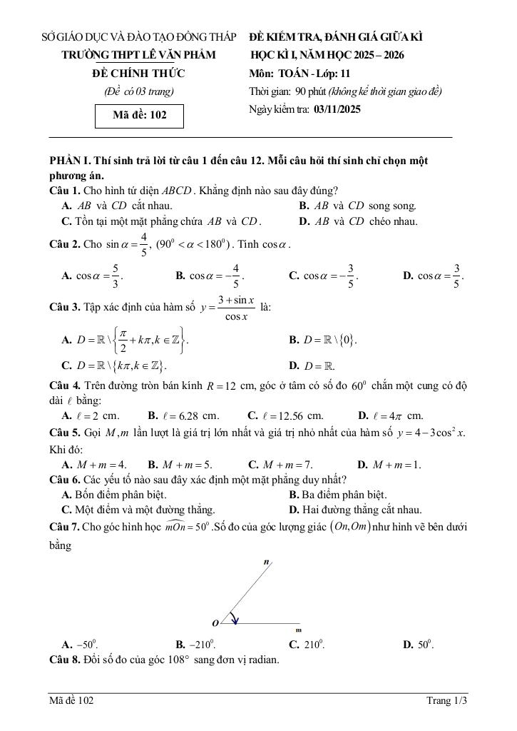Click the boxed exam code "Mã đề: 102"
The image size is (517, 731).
(140, 115)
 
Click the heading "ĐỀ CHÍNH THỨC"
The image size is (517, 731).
(138, 74)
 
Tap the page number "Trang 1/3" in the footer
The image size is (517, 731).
(446, 700)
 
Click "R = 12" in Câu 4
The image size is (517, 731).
(220, 386)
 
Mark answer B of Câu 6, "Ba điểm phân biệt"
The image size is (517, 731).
(338, 494)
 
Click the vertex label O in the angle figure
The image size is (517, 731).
(215, 623)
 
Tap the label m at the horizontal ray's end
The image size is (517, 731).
(299, 630)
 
